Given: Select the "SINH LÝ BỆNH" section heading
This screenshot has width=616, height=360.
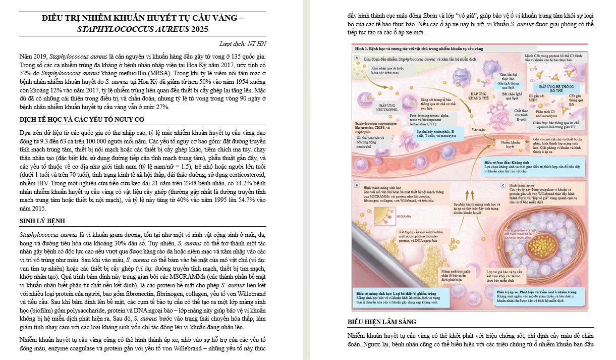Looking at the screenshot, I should [x=42, y=221].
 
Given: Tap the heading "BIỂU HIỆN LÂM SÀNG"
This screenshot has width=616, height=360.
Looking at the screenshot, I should [x=382, y=322].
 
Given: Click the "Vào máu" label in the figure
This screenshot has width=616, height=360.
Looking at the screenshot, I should [x=478, y=129].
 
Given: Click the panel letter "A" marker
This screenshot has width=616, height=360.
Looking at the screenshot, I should [x=357, y=59].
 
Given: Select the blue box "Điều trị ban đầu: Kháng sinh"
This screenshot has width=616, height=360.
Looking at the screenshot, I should [x=537, y=165].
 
